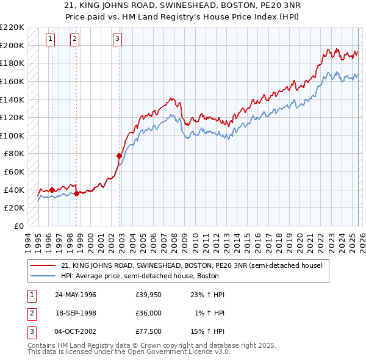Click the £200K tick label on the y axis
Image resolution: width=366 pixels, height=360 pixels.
coord(12,45)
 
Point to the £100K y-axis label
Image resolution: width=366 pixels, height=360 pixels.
coord(12,135)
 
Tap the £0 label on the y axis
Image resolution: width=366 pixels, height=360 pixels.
coord(18,226)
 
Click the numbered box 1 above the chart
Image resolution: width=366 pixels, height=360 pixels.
coord(50,40)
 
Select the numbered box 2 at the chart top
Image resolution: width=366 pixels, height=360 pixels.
coord(74,40)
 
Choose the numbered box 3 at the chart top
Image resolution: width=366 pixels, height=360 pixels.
coord(117,40)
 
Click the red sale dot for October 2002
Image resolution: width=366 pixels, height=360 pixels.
coord(119,156)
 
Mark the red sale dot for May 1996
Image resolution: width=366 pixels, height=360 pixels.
coord(52,190)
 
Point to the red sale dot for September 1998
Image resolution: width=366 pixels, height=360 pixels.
coord(77,193)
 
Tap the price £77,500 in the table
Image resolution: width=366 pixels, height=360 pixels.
coord(148,331)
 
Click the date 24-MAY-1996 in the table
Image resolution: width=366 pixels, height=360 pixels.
coord(76,295)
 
